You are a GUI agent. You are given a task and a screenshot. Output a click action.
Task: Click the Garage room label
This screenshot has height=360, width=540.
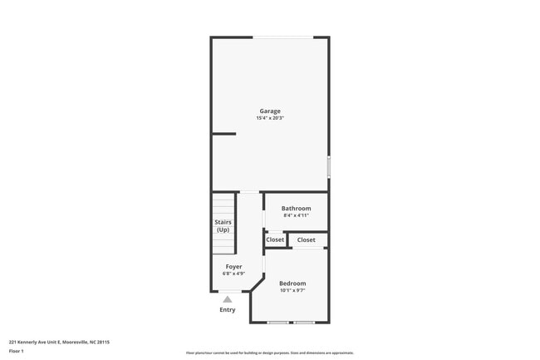[x=270, y=111]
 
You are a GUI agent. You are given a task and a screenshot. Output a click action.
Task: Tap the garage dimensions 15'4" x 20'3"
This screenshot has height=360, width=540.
[x=270, y=118]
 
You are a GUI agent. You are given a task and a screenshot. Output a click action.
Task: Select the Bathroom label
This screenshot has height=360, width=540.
[x=296, y=208]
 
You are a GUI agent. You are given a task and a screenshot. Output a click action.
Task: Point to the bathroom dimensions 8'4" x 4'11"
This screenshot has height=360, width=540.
[x=296, y=215]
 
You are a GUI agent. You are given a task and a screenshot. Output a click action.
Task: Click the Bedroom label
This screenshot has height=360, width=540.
[x=292, y=284]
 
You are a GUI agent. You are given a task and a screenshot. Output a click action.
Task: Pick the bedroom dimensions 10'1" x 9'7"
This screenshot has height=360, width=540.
[x=292, y=291]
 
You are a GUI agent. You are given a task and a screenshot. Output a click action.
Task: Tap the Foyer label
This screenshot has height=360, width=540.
[x=234, y=267]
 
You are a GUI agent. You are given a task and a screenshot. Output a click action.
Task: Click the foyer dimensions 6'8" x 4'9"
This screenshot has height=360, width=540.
[x=234, y=274]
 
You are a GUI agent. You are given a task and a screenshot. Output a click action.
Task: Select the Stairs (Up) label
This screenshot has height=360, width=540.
[x=223, y=226]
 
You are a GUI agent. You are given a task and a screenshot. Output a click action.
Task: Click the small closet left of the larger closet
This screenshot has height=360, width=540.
[x=275, y=239]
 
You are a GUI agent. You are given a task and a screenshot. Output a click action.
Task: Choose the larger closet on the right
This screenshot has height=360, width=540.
[x=307, y=239]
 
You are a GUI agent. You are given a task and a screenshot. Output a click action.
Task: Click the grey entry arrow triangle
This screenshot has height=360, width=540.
[x=228, y=299]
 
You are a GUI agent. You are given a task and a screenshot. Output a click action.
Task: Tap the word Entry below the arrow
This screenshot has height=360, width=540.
[x=228, y=310]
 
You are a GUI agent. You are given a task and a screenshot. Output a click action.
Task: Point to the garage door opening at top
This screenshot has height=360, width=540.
[x=283, y=37]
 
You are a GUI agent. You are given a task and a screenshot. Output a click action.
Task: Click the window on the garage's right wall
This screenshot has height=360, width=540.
[x=329, y=166]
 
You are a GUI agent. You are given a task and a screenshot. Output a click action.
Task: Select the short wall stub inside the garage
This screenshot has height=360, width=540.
[x=224, y=133]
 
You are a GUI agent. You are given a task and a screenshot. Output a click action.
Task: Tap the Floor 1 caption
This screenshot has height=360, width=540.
[x=17, y=352]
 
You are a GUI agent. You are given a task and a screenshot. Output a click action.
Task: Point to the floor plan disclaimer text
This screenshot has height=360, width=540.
[x=270, y=353]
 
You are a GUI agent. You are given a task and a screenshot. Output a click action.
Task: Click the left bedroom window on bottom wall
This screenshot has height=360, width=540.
[x=277, y=322]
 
